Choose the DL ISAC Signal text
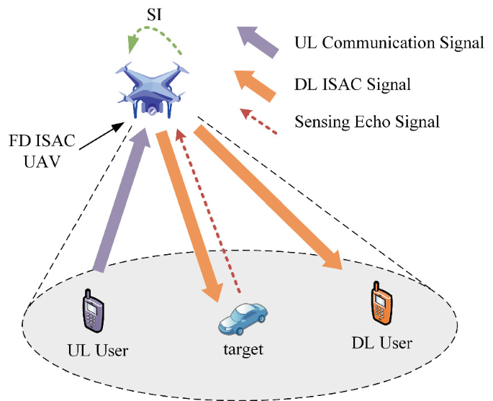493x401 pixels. pos(353,85)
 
